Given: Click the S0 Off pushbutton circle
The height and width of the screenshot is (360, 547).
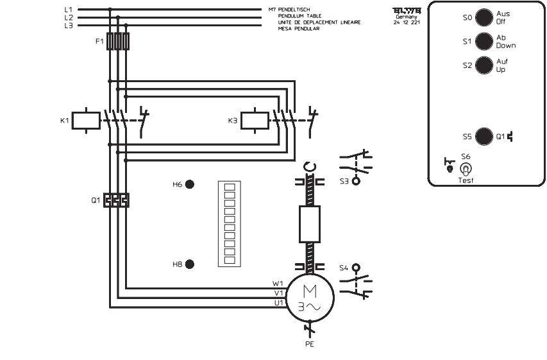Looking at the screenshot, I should coord(484,17).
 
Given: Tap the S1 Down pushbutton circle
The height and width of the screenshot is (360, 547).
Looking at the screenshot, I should coord(484,42).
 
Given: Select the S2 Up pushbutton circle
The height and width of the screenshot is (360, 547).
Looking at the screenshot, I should coord(484,65).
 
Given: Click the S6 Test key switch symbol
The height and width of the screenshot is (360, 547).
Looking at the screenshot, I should coord(466,169).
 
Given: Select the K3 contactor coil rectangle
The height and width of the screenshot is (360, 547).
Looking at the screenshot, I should coord(255,120).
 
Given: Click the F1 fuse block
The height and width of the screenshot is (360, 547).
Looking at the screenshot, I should coord(118,42).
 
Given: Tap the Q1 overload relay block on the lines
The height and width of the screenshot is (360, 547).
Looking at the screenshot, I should coord(117,200).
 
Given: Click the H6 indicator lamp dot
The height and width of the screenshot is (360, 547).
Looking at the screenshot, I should coord(189,184).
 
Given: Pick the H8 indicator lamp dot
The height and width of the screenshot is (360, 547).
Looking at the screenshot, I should coord(189,264).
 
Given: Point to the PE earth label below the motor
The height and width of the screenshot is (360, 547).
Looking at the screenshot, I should coord(310,343).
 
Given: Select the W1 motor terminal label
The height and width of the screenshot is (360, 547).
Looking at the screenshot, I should coord(277,283).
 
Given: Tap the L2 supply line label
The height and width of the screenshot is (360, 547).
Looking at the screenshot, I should coord(68,17).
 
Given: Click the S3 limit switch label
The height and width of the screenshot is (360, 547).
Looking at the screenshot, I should coord(344,182).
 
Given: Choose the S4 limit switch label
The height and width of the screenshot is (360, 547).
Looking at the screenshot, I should coord(344,268).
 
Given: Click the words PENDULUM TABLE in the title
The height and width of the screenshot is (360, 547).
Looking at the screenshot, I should coord(299,16).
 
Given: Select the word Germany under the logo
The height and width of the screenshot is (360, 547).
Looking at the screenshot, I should coord(407,17).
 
